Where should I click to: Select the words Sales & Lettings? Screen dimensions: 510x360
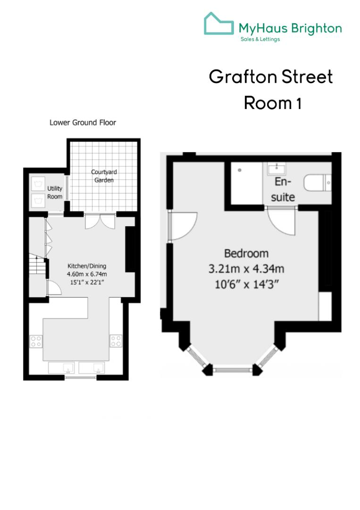coord(260,39)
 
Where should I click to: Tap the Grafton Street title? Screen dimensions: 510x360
coord(271,77)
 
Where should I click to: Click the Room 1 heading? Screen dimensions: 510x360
coord(272,102)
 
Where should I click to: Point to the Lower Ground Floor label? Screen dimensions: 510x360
coord(83,122)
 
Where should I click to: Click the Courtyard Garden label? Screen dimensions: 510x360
coord(102,176)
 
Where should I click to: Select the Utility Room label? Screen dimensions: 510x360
coord(55,192)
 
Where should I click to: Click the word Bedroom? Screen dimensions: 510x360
coord(246,254)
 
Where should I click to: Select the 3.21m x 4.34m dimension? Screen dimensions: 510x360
coord(246,269)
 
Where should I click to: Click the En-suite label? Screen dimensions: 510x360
coord(283,189)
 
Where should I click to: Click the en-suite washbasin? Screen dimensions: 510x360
coord(274,169)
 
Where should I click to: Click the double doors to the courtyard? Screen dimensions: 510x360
coord(100,221)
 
